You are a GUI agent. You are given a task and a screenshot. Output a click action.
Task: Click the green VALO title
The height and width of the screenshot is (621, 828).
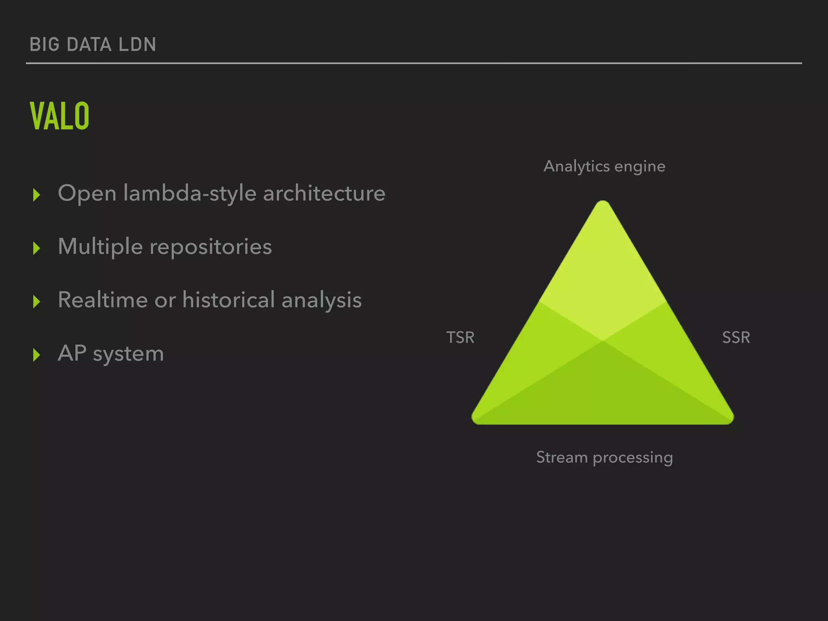59,116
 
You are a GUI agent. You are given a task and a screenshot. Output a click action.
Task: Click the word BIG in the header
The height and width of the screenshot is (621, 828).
44,44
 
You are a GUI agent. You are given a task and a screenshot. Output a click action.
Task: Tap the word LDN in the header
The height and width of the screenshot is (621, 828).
137,44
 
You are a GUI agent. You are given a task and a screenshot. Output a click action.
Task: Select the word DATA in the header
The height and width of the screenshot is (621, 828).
89,44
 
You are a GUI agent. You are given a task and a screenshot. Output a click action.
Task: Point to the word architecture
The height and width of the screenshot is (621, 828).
324,193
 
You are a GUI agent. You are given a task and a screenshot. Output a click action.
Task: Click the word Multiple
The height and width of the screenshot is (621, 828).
100,247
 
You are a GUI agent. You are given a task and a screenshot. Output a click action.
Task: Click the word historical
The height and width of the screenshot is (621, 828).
228,300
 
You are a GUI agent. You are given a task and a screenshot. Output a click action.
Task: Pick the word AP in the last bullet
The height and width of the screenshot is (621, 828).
72,353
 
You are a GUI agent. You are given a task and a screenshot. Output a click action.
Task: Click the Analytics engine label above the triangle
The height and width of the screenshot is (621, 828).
604,167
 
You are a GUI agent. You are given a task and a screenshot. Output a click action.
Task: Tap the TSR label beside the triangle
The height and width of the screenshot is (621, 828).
460,338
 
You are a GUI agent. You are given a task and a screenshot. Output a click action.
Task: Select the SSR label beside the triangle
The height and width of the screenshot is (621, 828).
736,338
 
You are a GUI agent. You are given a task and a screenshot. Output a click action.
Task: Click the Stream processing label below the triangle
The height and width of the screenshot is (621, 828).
604,458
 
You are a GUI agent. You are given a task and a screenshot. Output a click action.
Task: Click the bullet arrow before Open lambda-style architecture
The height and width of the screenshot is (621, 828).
37,195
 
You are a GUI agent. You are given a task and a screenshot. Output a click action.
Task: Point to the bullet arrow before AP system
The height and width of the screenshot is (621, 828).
37,355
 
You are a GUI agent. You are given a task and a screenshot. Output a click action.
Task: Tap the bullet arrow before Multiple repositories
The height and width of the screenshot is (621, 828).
37,248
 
